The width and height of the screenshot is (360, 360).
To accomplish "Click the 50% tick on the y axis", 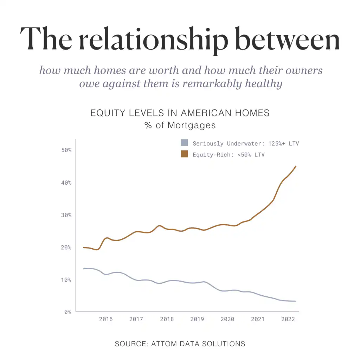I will click(x=66, y=150).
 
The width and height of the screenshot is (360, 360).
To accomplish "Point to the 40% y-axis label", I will click(x=66, y=183).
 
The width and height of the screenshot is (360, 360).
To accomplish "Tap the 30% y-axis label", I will click(x=66, y=215).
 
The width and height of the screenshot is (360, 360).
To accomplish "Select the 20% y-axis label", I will click(x=66, y=247).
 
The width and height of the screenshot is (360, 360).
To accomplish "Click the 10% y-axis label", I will click(x=66, y=280).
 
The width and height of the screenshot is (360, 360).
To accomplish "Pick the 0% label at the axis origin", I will click(x=67, y=312).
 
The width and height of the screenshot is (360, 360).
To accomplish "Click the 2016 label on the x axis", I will click(x=106, y=319).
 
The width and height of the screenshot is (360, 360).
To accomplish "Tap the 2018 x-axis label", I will click(x=167, y=319).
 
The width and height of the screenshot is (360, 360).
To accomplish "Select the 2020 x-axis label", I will click(x=227, y=319).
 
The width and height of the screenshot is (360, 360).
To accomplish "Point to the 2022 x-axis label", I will click(x=288, y=319).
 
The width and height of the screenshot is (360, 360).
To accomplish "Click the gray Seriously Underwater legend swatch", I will click(x=184, y=143).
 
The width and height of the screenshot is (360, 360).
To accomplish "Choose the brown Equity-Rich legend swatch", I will click(x=184, y=154).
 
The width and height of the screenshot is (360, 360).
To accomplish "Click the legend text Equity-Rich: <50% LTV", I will click(x=228, y=154).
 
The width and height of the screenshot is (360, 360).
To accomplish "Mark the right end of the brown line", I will click(x=296, y=166).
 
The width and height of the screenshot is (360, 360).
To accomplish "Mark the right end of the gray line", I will click(x=295, y=301).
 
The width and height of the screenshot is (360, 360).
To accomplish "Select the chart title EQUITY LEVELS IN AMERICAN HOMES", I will click(x=180, y=113).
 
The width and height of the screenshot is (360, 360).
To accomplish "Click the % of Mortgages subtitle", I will click(x=180, y=125).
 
